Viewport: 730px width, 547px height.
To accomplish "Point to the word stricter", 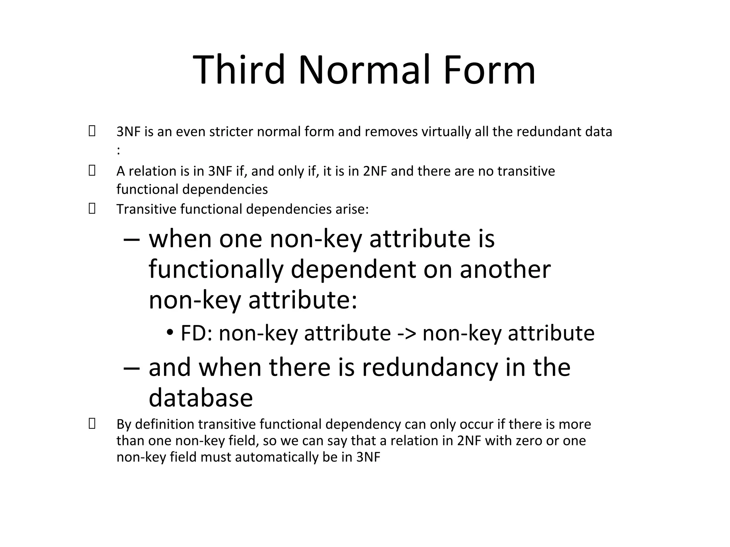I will (231, 132).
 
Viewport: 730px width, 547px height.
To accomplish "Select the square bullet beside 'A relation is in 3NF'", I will (92, 171).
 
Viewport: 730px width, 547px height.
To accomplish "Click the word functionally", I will (216, 270).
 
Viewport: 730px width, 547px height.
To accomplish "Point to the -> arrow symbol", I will (406, 334).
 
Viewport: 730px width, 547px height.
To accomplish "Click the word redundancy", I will (430, 368).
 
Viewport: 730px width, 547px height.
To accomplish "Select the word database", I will (201, 398).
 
